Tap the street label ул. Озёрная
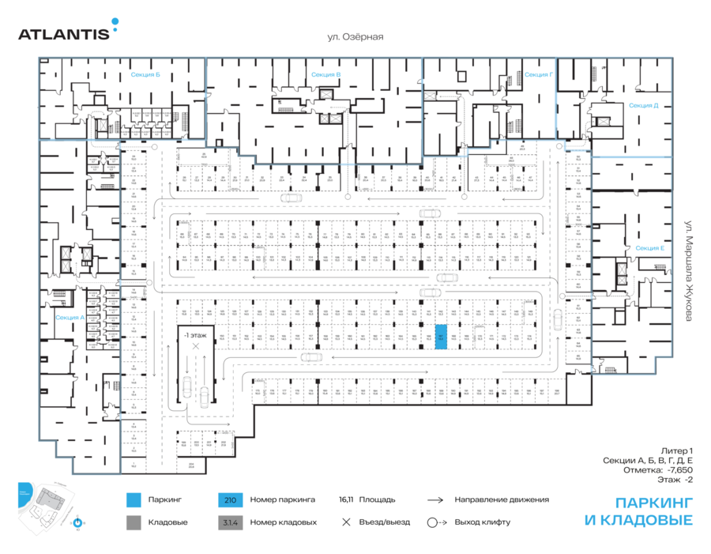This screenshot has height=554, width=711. click(355, 36)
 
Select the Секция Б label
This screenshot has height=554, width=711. click(145, 75)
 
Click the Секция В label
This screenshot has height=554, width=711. click(326, 74)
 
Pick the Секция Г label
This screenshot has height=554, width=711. click(538, 74)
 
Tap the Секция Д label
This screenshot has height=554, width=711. click(644, 105)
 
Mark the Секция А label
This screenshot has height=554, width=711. click(70, 317)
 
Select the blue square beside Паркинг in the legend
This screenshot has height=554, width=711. click(134, 500)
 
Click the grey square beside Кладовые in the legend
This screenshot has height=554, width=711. click(134, 522)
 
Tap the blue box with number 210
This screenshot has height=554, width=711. click(230, 500)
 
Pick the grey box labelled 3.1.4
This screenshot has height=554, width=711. click(230, 522)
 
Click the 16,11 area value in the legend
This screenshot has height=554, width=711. click(344, 500)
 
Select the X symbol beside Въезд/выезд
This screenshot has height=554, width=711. click(345, 522)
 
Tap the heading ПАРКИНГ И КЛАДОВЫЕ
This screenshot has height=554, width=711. click(639, 511)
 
